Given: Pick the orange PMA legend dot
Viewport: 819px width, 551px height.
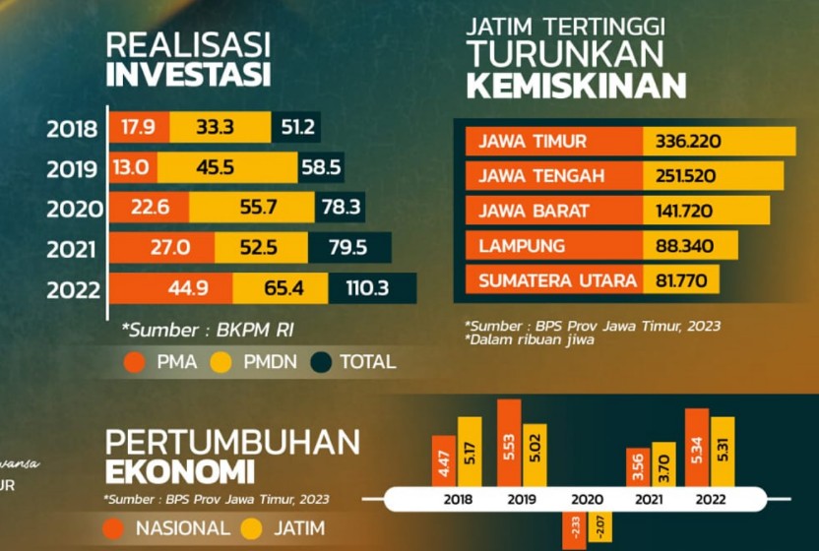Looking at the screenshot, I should click(135, 362).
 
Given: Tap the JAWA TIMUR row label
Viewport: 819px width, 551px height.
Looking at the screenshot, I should click(532, 142).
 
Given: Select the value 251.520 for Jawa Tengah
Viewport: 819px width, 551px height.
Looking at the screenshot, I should click(686, 176).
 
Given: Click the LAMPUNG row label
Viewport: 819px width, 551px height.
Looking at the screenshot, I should click(522, 245).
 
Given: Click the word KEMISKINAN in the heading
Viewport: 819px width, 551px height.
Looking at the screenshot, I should click(576, 87).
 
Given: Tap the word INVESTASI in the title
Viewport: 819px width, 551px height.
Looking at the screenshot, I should click(188, 75).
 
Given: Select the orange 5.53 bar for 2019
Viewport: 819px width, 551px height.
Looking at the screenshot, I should click(509, 443).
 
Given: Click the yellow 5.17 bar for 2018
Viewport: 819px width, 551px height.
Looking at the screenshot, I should click(470, 452).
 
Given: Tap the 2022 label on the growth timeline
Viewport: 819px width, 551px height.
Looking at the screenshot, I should click(710, 499).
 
